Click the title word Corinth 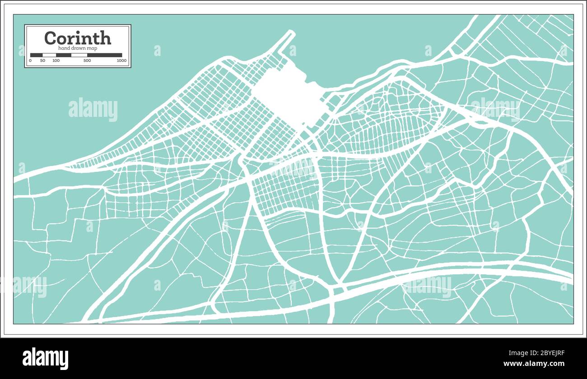(x=78, y=38)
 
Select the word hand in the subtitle (x=64, y=48)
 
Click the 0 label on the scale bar (x=30, y=60)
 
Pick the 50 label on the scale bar (x=42, y=60)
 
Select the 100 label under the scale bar (x=56, y=60)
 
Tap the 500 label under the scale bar (x=87, y=60)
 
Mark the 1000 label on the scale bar (x=121, y=60)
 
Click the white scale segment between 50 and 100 (x=49, y=55)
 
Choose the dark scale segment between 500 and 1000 (x=105, y=55)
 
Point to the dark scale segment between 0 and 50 (x=36, y=55)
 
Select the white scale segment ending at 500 (x=79, y=55)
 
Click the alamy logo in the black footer (x=46, y=358)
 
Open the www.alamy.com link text (x=534, y=364)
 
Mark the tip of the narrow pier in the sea (x=291, y=32)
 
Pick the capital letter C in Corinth (x=51, y=38)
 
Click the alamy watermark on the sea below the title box (x=93, y=110)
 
